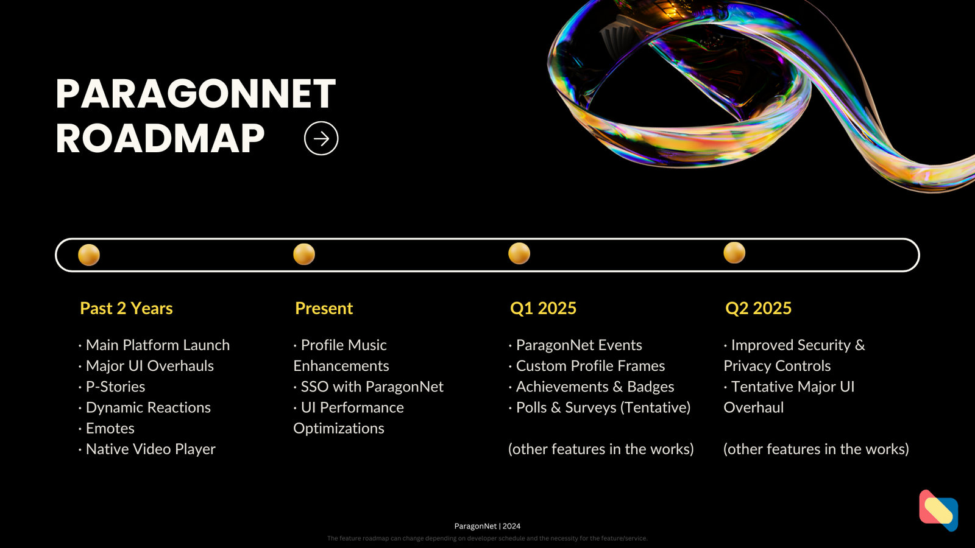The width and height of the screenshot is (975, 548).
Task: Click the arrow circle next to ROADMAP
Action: coord(321,138)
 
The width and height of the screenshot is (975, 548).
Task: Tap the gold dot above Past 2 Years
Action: coord(89,255)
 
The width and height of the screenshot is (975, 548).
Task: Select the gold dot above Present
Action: coord(304,254)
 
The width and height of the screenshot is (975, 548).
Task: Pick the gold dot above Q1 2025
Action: coord(519,253)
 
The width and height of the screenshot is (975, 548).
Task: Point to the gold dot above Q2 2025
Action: coord(734,253)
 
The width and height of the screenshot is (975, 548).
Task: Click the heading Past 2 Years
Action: coord(126,308)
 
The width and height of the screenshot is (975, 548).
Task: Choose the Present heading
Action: coord(324,308)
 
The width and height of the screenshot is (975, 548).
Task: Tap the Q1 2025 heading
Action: coord(543,308)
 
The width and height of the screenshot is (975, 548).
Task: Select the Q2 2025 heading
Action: coord(758,308)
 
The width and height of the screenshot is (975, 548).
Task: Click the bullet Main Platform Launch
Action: coord(154,345)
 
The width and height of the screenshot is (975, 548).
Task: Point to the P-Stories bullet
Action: coord(112,387)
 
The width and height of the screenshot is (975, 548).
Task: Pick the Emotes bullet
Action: coord(107,429)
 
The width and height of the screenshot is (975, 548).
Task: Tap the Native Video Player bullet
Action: coord(147,449)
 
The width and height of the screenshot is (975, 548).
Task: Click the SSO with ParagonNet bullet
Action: coord(369,387)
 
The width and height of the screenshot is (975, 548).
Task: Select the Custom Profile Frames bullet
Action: coord(587,366)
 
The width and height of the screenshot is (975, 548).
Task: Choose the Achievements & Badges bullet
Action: coord(592,387)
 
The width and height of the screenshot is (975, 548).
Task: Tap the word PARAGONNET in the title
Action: coord(196,94)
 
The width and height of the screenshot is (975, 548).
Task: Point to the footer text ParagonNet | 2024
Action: coord(487,526)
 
